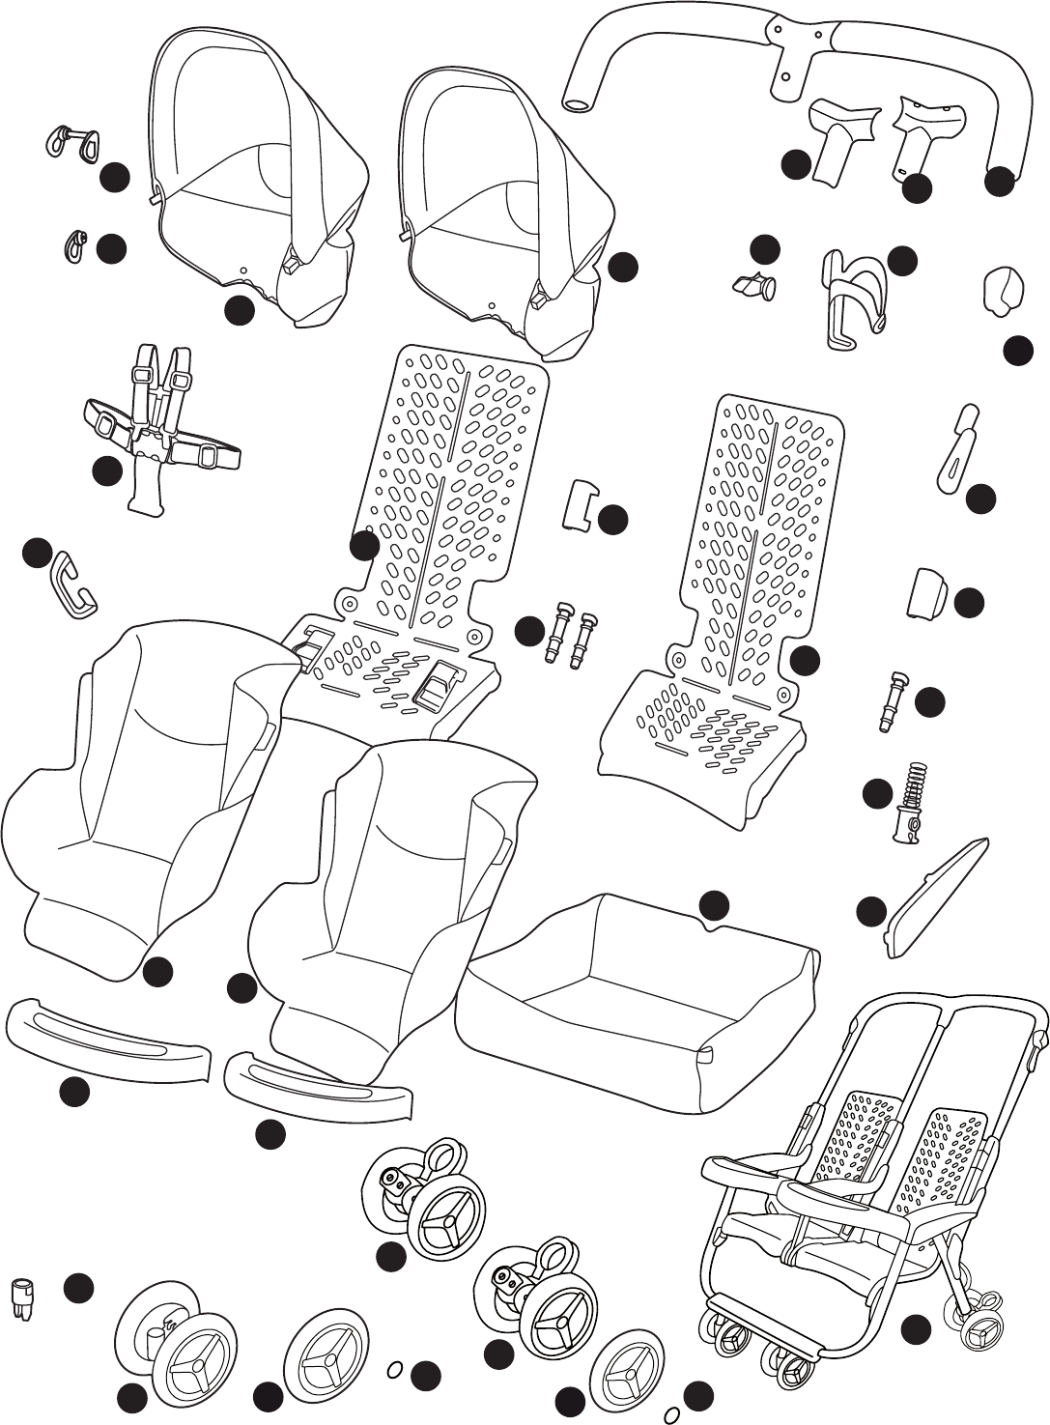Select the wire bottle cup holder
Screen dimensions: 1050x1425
[851, 297]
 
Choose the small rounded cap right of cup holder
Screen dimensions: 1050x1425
[1003, 290]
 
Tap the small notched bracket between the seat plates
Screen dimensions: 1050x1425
[580, 504]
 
